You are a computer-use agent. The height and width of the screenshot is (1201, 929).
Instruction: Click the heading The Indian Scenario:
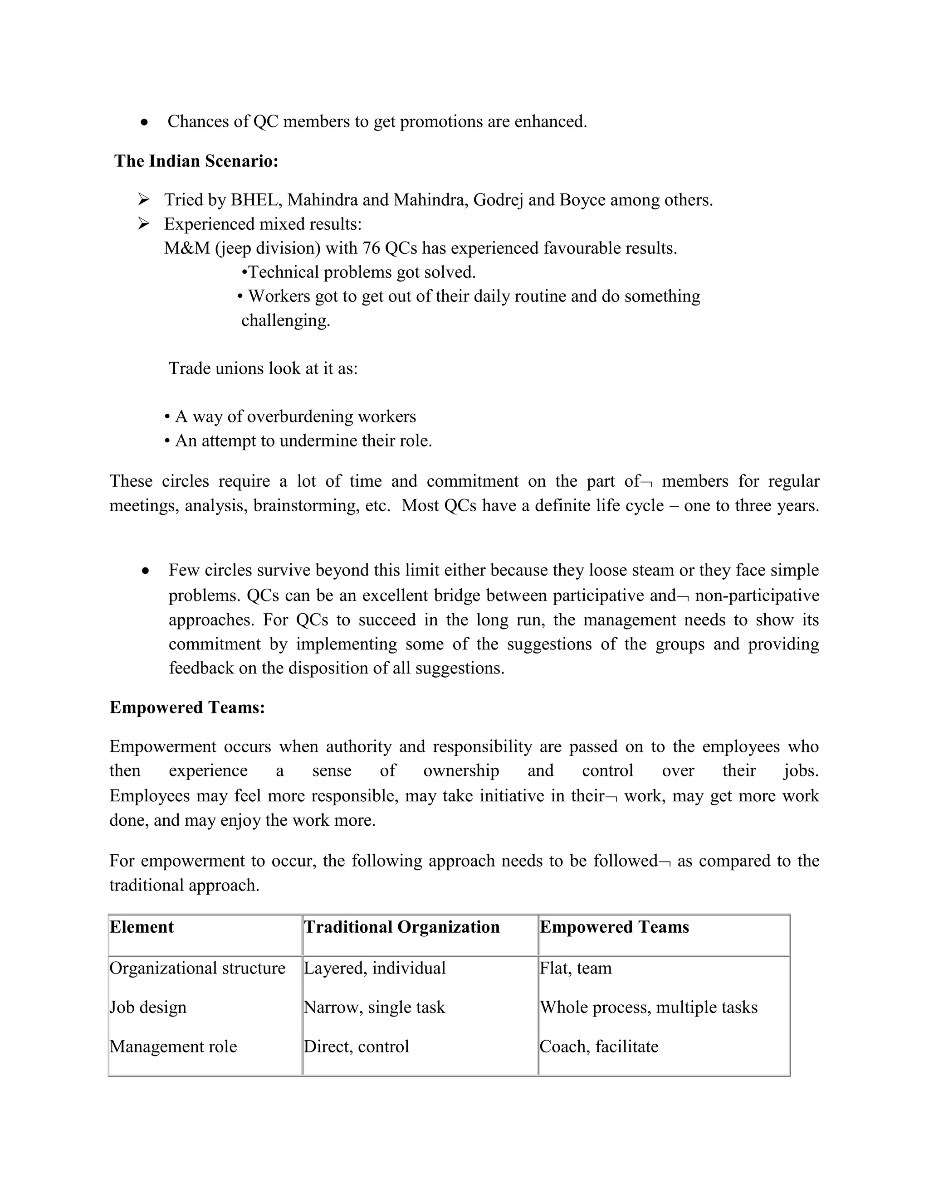196,161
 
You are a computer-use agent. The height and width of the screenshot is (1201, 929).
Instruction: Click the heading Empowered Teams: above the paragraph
187,707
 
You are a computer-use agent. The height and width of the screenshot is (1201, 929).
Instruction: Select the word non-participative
757,596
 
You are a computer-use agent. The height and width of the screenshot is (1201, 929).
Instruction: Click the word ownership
461,770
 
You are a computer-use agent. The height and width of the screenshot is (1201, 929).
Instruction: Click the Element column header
142,927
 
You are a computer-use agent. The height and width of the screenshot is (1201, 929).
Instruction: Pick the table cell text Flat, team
576,968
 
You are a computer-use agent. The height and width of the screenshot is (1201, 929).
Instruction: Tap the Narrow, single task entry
374,1007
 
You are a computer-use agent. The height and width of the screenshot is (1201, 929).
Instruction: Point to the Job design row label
148,1007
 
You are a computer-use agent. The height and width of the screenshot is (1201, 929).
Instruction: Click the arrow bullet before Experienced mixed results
144,223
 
